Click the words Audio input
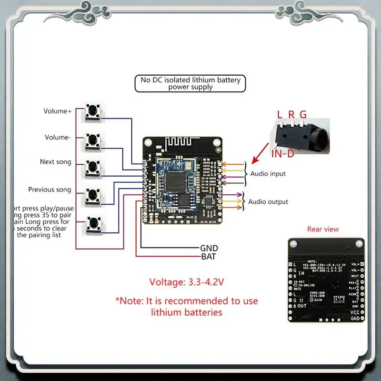[268, 174]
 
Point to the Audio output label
[268, 202]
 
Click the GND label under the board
[209, 248]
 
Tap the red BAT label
[209, 257]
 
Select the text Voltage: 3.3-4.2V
[187, 282]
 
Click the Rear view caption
[323, 229]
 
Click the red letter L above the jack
[280, 114]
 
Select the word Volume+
[57, 111]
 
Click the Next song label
[56, 162]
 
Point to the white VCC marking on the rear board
[355, 312]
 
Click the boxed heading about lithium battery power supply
[190, 83]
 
